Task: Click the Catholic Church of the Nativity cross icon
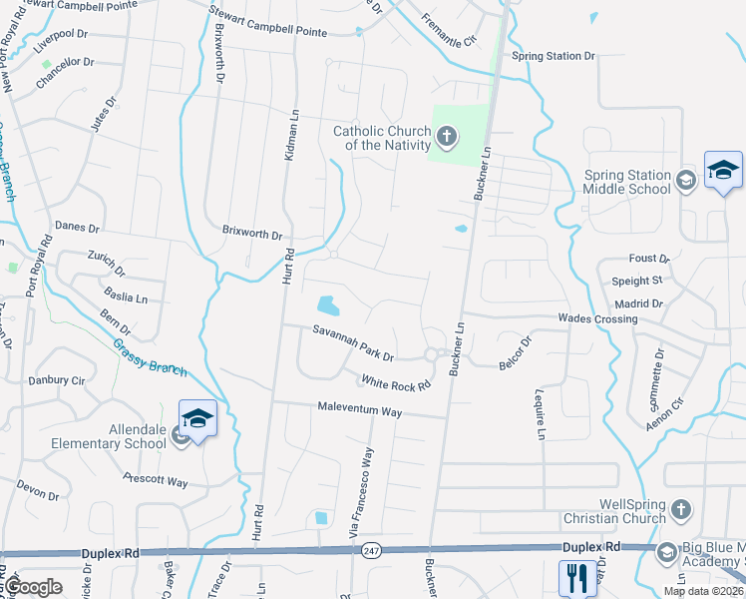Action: (446, 137)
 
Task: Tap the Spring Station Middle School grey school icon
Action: (685, 181)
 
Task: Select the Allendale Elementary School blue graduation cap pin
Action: (197, 419)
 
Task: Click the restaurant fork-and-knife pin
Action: (577, 576)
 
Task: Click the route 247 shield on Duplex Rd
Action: (371, 551)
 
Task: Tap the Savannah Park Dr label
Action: (354, 342)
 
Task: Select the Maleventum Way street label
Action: (359, 409)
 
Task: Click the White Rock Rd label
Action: (396, 382)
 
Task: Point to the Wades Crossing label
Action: (597, 318)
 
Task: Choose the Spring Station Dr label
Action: (553, 56)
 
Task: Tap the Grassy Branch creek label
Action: (150, 356)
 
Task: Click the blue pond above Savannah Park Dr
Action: (327, 303)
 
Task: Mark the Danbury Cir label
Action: (57, 380)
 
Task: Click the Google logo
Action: (34, 587)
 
